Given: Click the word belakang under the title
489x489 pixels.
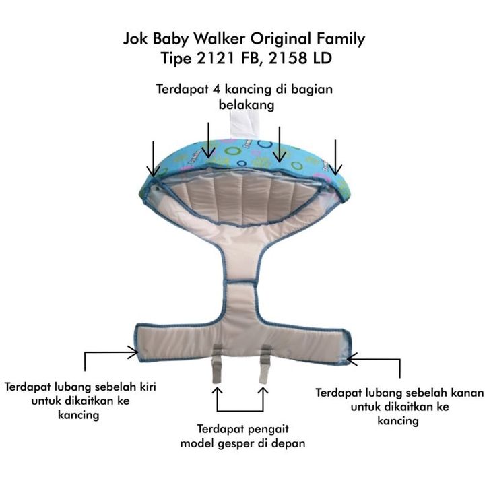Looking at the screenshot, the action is click(x=247, y=105).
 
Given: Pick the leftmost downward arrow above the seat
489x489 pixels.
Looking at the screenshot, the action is click(x=153, y=159).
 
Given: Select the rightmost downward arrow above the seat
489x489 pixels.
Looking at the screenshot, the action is click(x=335, y=157).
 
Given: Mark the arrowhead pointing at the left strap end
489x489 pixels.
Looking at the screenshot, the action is click(x=133, y=352).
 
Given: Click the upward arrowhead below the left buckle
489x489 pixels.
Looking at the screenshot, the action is click(x=218, y=391).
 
